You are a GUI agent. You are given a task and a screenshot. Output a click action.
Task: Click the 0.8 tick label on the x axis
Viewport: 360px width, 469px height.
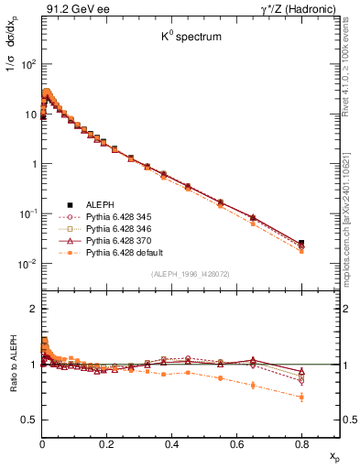point(302,443)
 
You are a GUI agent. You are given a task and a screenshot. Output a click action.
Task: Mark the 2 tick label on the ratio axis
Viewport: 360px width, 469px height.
point(32,310)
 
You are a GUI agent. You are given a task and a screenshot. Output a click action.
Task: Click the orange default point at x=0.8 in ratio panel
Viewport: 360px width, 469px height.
point(302,397)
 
